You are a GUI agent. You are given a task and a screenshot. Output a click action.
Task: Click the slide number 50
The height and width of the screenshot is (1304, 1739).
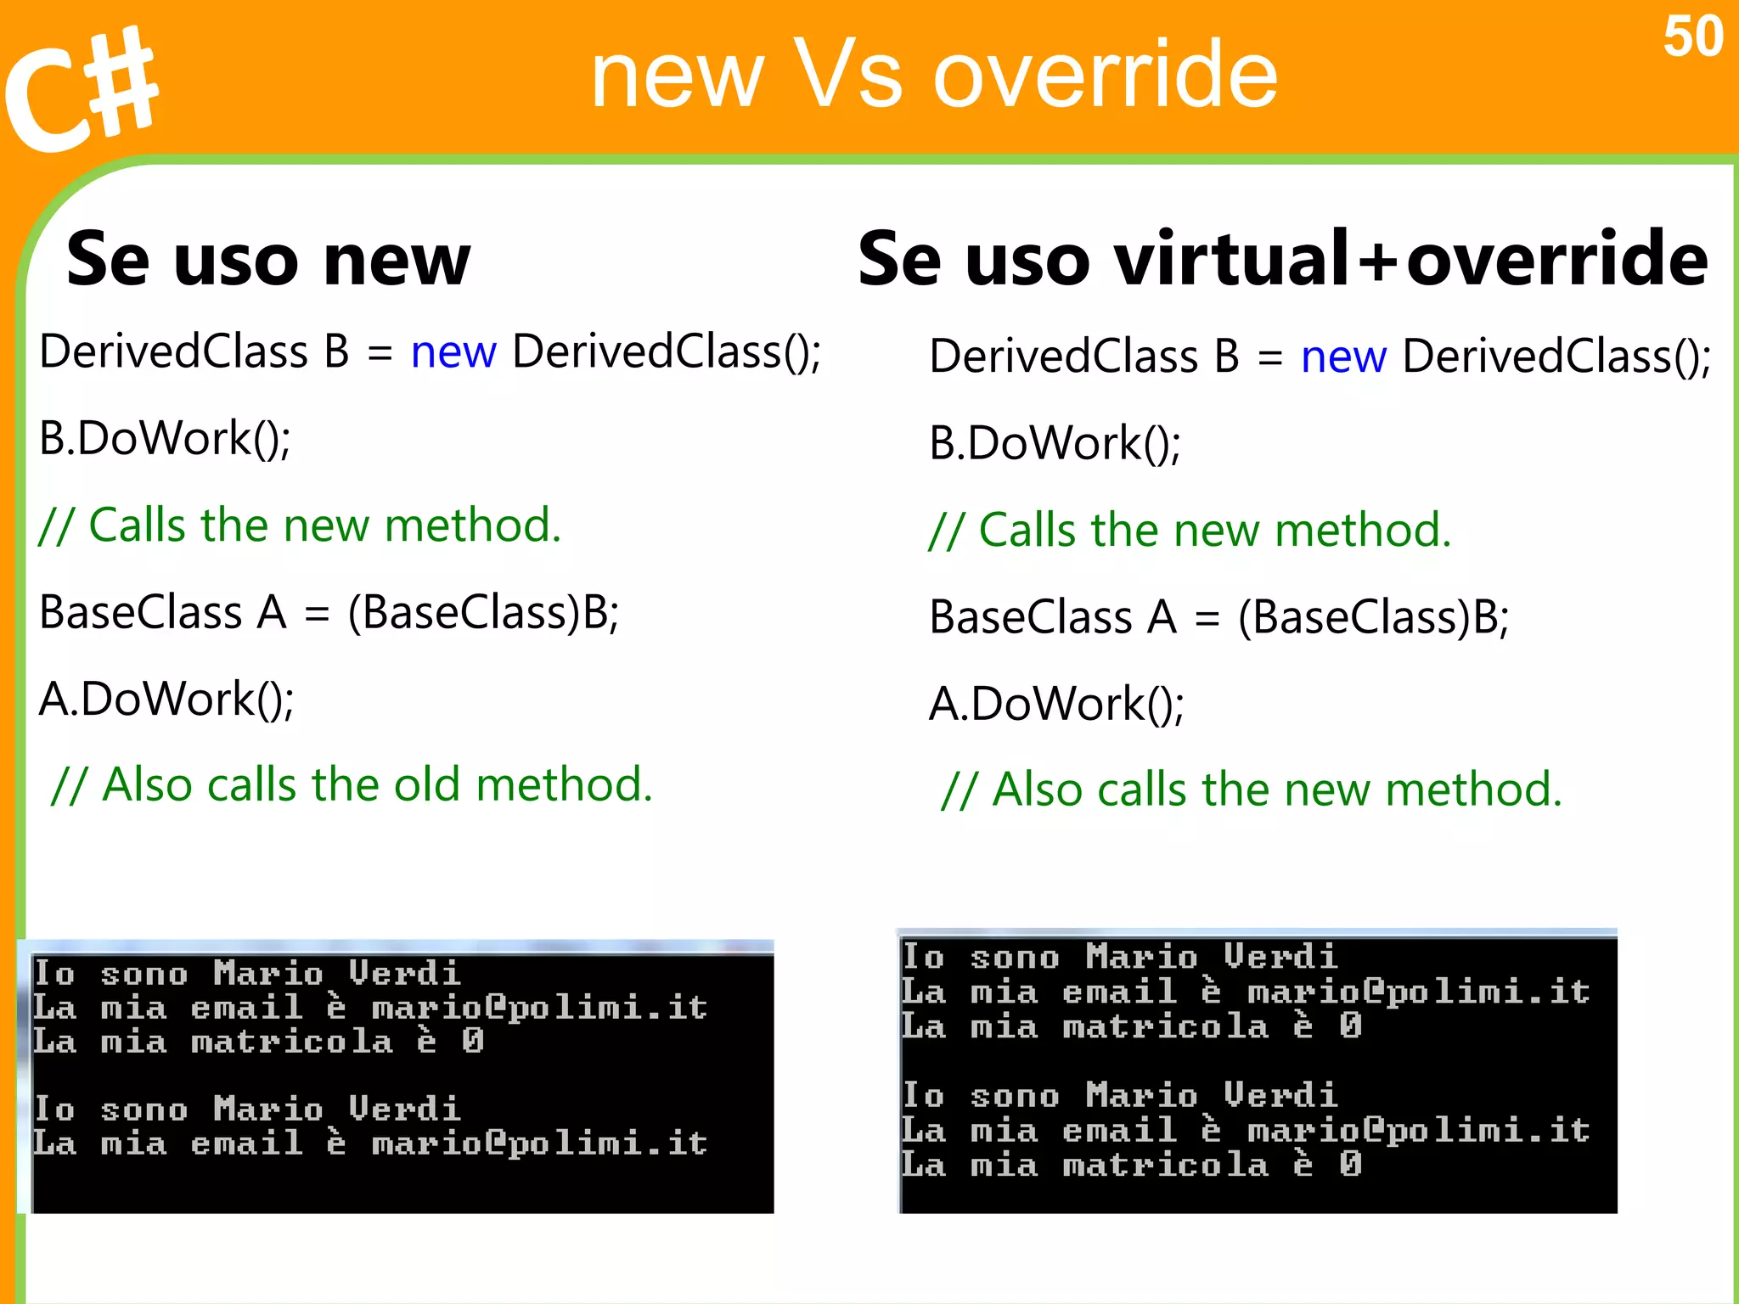pos(1692,37)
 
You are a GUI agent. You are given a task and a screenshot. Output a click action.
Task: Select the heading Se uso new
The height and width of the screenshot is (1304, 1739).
pos(268,259)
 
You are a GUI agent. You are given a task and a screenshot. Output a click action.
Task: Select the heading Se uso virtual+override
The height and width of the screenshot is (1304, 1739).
pos(1282,259)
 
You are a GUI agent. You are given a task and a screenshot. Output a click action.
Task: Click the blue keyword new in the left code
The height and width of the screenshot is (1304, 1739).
pos(453,351)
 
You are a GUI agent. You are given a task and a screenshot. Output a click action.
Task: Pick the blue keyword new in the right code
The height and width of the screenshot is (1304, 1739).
pos(1343,357)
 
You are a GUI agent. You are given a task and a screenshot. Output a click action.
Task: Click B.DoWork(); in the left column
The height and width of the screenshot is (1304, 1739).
pos(166,439)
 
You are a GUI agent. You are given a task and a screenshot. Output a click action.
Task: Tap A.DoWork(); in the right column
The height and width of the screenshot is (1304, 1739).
pos(1056,704)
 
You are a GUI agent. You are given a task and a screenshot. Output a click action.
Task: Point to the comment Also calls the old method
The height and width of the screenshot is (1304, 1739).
pos(352,784)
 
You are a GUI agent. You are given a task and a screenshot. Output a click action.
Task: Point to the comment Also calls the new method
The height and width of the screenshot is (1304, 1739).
pos(1252,790)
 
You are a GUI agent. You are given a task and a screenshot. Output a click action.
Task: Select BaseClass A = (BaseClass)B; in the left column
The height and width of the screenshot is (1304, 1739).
pos(329,612)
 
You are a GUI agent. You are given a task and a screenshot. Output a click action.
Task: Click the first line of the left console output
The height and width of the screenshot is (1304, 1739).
pos(246,973)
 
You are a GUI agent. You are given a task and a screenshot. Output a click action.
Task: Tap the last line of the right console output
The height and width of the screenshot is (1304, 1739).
pos(1131,1165)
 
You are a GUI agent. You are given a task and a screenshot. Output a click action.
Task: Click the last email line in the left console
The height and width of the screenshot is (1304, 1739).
pos(369,1144)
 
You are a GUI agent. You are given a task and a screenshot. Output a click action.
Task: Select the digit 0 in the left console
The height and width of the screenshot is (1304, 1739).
pos(473,1041)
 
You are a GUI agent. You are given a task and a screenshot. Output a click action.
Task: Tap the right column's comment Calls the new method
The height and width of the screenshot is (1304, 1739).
pos(1190,531)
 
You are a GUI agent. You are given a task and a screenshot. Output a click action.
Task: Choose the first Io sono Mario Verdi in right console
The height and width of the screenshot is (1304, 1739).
pos(1119,957)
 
